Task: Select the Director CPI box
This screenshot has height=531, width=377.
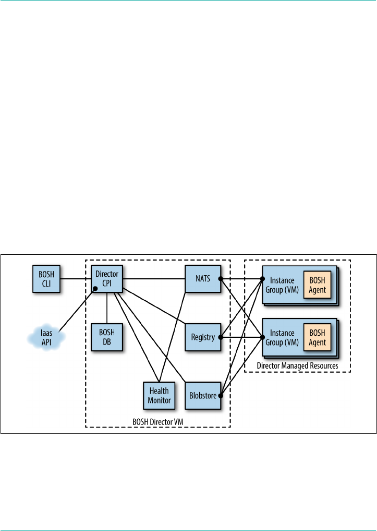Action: click(x=107, y=279)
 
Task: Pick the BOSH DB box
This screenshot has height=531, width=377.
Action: click(x=107, y=337)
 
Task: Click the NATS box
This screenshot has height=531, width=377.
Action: click(x=202, y=279)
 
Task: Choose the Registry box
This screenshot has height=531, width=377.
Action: click(x=202, y=337)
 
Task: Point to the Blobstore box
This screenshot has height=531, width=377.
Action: click(x=202, y=395)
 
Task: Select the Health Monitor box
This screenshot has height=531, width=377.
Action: click(x=159, y=395)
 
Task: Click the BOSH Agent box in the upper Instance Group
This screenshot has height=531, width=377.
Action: click(x=317, y=284)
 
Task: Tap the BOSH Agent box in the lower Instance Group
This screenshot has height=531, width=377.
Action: click(x=317, y=337)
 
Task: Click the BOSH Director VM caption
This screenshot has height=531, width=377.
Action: click(x=158, y=421)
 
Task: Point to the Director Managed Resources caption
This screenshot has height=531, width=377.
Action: click(x=298, y=365)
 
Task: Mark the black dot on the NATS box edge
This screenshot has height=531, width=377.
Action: click(x=220, y=279)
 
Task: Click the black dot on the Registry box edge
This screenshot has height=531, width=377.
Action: click(x=220, y=337)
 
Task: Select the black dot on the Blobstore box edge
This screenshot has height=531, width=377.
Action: click(x=220, y=396)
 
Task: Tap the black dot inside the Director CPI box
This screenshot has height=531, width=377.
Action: click(x=95, y=288)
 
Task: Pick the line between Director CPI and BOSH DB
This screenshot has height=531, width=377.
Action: click(x=107, y=308)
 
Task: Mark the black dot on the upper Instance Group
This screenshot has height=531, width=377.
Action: click(x=262, y=279)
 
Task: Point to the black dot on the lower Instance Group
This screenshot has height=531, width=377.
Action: click(x=262, y=337)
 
